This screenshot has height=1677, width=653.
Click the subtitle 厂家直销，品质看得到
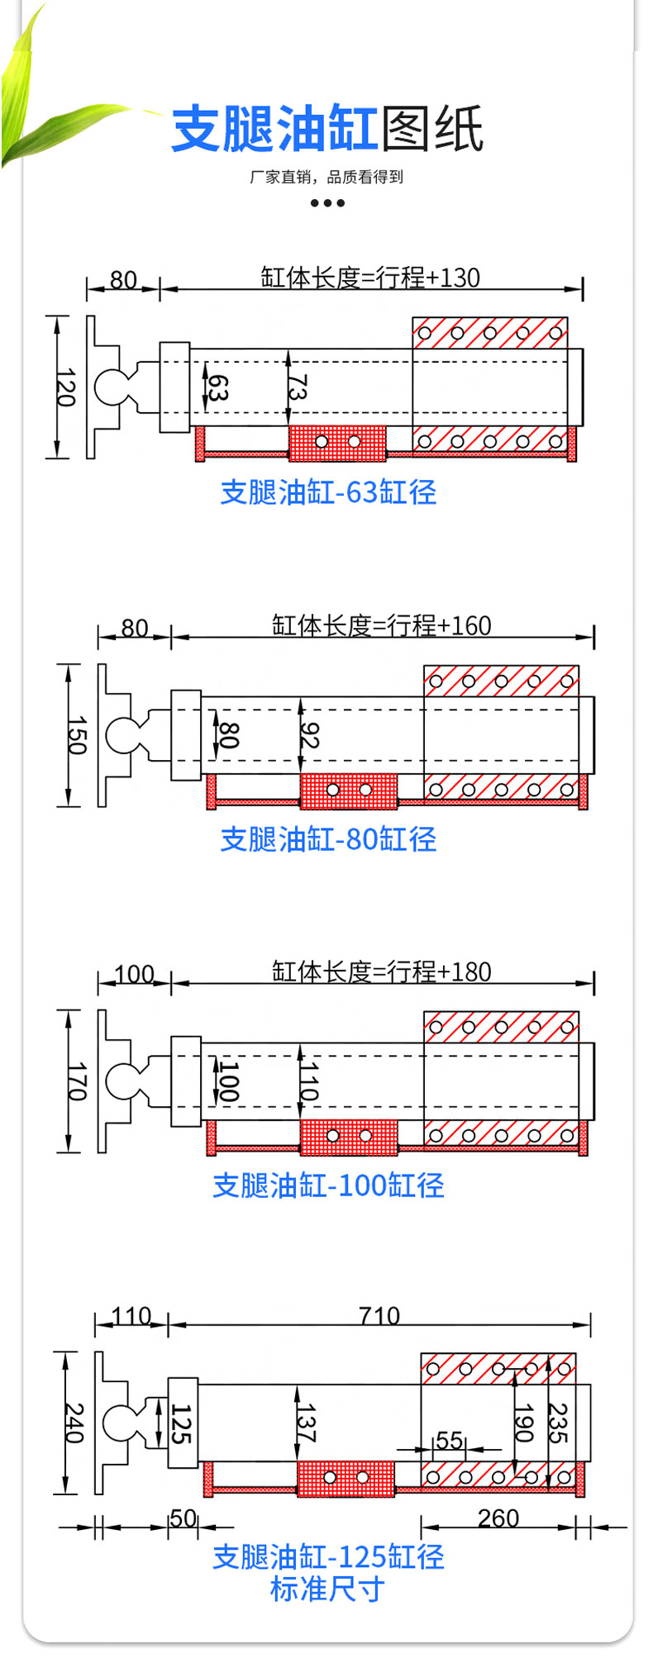[x=326, y=176]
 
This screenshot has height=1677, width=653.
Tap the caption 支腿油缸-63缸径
[x=328, y=492]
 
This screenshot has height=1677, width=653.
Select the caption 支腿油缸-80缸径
[x=328, y=839]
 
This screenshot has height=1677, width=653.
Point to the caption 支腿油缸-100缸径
[x=328, y=1185]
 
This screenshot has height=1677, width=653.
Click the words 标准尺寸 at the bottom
[x=327, y=1589]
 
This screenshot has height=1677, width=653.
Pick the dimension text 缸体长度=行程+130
[x=370, y=278]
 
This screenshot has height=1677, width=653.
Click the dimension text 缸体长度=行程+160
[x=381, y=625]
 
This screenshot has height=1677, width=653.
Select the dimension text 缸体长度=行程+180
[x=381, y=972]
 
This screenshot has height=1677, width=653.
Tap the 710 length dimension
[x=379, y=1315]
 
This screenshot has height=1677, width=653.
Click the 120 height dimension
[x=66, y=387]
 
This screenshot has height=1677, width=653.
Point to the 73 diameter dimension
[x=298, y=387]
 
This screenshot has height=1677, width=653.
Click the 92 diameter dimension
[x=309, y=735]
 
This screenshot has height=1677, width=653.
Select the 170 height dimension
[x=77, y=1082]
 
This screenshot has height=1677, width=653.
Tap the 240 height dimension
[x=74, y=1423]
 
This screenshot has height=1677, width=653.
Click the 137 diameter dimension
[x=307, y=1423]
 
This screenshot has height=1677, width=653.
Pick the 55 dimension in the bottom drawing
[x=448, y=1440]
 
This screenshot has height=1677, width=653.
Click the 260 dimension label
[x=498, y=1518]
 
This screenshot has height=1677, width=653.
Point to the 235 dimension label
[x=559, y=1423]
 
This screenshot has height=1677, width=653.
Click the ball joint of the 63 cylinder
[x=111, y=387]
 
